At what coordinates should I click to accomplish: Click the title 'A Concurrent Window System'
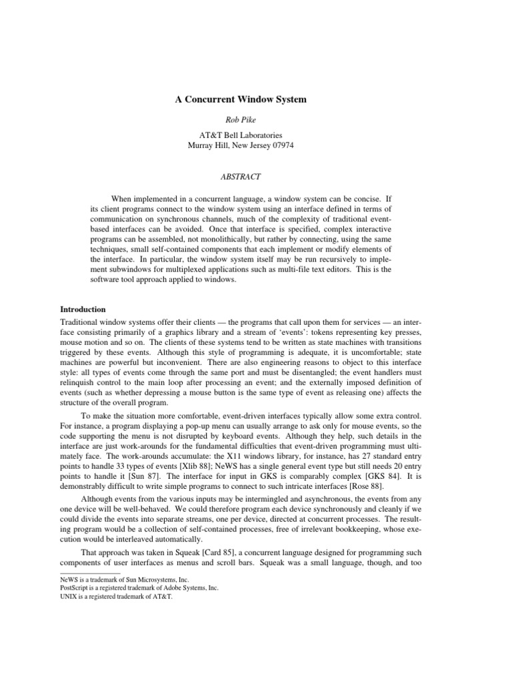[241, 100]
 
